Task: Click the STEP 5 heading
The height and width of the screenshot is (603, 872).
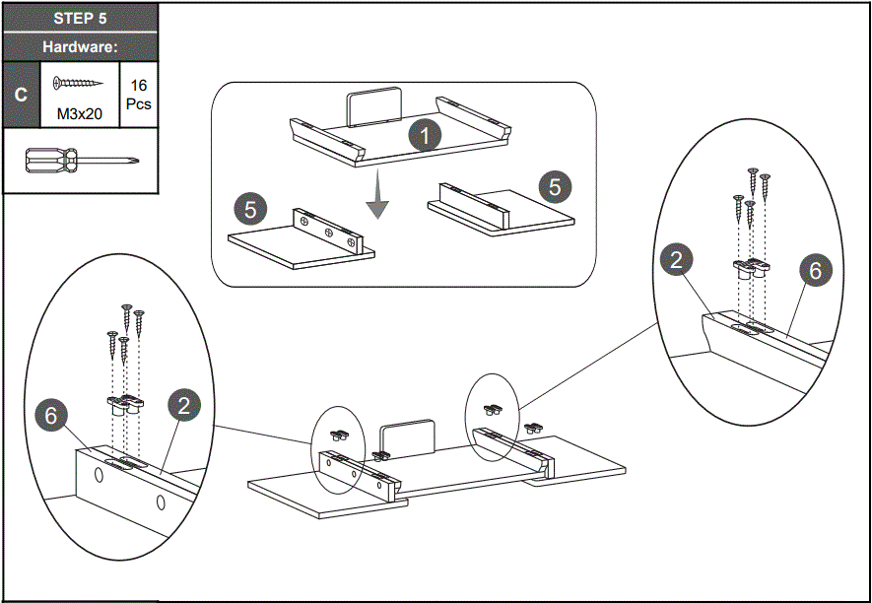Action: (x=80, y=19)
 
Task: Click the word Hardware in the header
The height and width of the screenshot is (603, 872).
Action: (x=80, y=46)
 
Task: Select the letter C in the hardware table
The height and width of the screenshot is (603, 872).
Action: (x=21, y=95)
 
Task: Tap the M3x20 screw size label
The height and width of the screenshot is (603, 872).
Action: (x=80, y=114)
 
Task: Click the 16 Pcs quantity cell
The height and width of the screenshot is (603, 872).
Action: (x=138, y=95)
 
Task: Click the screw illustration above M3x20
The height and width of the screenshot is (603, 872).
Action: (x=79, y=85)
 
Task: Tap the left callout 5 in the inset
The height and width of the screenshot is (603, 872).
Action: (x=250, y=209)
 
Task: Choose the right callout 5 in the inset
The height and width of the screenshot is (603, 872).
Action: (x=555, y=185)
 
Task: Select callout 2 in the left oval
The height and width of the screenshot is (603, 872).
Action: (x=184, y=404)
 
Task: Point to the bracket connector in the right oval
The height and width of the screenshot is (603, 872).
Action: (x=750, y=265)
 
